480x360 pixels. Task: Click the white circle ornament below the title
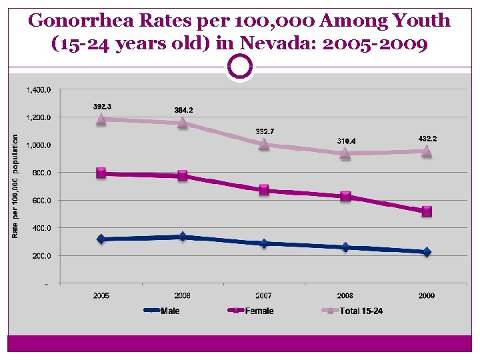tap(240, 67)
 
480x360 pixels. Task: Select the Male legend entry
tap(169, 311)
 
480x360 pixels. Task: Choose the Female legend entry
tap(259, 311)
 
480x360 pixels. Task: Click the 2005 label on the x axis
tap(101, 295)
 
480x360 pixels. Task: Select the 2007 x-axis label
tap(264, 295)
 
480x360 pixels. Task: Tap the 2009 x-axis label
tap(427, 295)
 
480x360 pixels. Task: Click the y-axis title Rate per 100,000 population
tap(15, 186)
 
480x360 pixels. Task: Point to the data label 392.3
tap(102, 107)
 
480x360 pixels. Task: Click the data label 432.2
tap(427, 138)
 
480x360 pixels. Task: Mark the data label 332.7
tap(265, 131)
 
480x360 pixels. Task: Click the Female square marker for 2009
tap(427, 211)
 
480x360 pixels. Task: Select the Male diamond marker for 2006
tap(183, 237)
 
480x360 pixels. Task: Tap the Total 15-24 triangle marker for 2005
tap(101, 119)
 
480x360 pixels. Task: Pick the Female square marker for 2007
tap(264, 190)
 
